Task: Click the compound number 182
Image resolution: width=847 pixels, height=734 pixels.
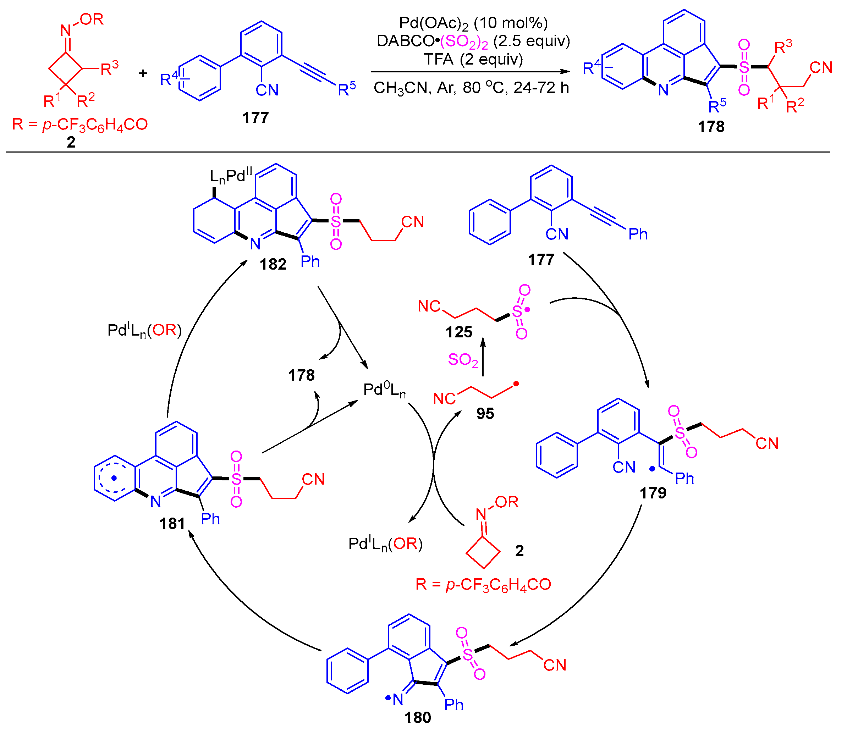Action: tap(273, 265)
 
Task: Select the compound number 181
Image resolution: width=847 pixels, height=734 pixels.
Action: tap(172, 524)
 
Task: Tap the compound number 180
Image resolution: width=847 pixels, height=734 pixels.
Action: tap(418, 718)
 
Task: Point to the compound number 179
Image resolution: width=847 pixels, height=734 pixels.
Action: tap(653, 493)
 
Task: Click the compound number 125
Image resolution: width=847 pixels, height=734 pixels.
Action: tap(459, 332)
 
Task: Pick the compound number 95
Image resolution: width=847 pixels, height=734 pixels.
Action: tap(485, 414)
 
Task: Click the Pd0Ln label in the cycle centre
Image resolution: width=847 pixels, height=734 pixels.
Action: tap(384, 390)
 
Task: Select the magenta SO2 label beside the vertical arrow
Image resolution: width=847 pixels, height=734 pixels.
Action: tap(463, 360)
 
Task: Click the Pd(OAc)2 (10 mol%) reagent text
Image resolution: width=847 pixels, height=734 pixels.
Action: tap(473, 23)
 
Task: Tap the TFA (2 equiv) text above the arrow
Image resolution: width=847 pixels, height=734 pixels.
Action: tap(473, 59)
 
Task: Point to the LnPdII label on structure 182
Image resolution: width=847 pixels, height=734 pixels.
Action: tap(231, 176)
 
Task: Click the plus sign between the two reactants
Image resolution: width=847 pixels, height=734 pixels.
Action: tap(143, 73)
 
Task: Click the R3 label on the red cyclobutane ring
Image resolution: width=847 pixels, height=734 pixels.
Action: tap(109, 68)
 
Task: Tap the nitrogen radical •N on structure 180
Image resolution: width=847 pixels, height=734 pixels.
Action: tap(395, 699)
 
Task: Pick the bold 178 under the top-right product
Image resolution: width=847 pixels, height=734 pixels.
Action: tap(711, 127)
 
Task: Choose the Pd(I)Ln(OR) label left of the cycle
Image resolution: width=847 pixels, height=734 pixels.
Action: tap(144, 331)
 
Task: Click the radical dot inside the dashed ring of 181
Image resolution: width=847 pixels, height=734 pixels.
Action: tap(114, 478)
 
